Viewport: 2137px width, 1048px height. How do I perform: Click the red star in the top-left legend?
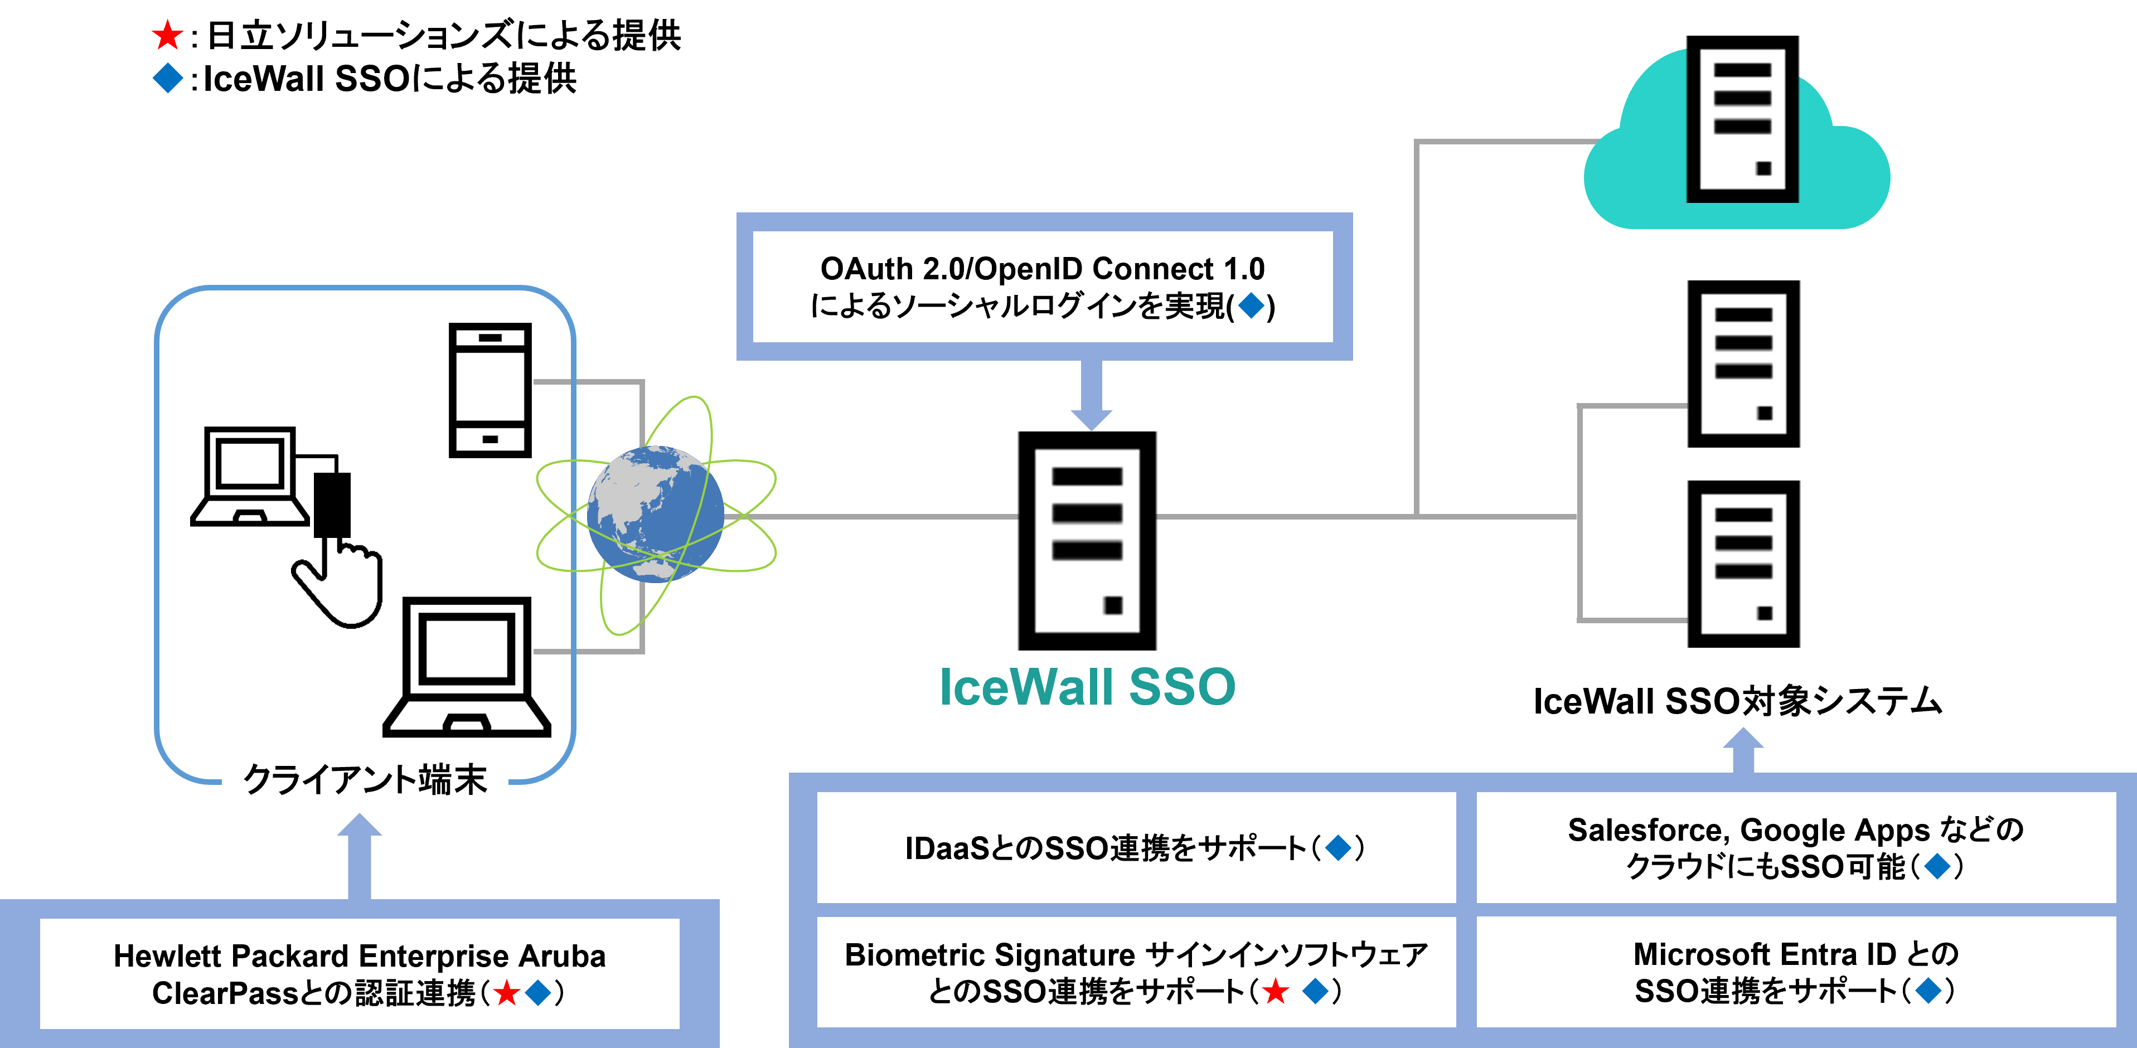pyautogui.click(x=168, y=35)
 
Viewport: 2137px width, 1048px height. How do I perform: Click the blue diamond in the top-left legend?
pyautogui.click(x=168, y=78)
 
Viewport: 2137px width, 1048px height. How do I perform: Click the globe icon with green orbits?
pyautogui.click(x=655, y=515)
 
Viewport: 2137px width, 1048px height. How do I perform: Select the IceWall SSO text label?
pyautogui.click(x=1087, y=687)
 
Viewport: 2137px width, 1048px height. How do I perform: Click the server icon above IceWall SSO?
pyautogui.click(x=1087, y=541)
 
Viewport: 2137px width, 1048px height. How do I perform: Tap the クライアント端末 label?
pyautogui.click(x=365, y=779)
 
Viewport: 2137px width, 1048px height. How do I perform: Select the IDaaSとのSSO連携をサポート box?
pyautogui.click(x=1135, y=847)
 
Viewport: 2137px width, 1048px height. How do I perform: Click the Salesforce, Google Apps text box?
pyautogui.click(x=1795, y=847)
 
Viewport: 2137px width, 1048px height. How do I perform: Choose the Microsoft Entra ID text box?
pyautogui.click(x=1795, y=972)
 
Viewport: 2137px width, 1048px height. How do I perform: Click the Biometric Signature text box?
pyautogui.click(x=1135, y=972)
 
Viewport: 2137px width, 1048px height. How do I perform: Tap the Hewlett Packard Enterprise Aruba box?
pyautogui.click(x=359, y=973)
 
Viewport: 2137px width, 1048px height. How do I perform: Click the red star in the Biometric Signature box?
pyautogui.click(x=1276, y=991)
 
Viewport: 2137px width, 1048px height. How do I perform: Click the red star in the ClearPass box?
pyautogui.click(x=506, y=992)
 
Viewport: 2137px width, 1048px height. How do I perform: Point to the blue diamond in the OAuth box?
pyautogui.click(x=1251, y=306)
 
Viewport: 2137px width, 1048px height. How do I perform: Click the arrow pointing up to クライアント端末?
pyautogui.click(x=359, y=855)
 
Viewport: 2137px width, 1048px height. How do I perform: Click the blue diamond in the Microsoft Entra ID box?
pyautogui.click(x=1930, y=990)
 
